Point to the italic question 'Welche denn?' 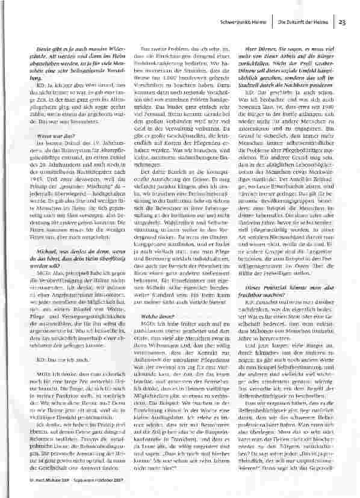point(155,333)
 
